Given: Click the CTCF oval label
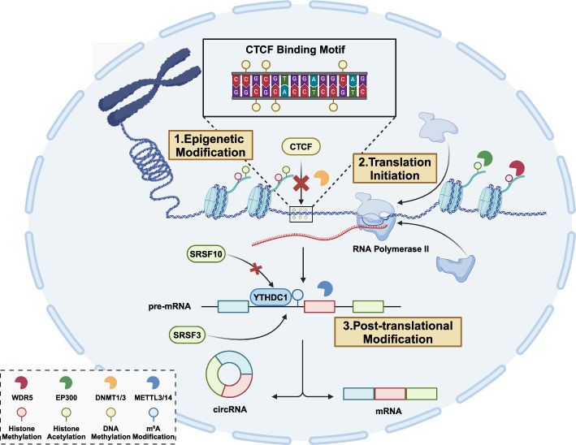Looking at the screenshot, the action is pyautogui.click(x=301, y=147).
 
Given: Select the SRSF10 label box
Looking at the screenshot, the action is pyautogui.click(x=206, y=254).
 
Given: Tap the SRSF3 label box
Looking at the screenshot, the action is pyautogui.click(x=187, y=335).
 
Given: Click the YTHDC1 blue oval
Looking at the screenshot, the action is pyautogui.click(x=271, y=297).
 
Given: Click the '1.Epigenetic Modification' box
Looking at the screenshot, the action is pyautogui.click(x=210, y=145).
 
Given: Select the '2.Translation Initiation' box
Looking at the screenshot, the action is pyautogui.click(x=395, y=168).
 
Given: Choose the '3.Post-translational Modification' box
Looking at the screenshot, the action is pyautogui.click(x=398, y=332).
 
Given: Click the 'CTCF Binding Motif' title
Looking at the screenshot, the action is pyautogui.click(x=296, y=50).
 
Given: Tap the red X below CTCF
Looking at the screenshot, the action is pyautogui.click(x=301, y=183).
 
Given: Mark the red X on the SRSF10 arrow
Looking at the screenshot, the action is pyautogui.click(x=256, y=270).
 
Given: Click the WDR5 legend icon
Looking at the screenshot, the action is pyautogui.click(x=21, y=382).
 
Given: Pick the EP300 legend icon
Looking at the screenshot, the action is pyautogui.click(x=66, y=382).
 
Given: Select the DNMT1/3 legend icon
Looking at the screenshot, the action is pyautogui.click(x=110, y=382).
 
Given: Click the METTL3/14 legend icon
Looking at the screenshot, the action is pyautogui.click(x=154, y=382).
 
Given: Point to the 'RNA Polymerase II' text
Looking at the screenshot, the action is pyautogui.click(x=391, y=249).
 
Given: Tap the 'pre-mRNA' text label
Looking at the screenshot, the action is pyautogui.click(x=170, y=306).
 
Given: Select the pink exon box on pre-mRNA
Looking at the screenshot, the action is pyautogui.click(x=319, y=307).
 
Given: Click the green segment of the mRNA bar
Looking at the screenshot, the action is pyautogui.click(x=422, y=394).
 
